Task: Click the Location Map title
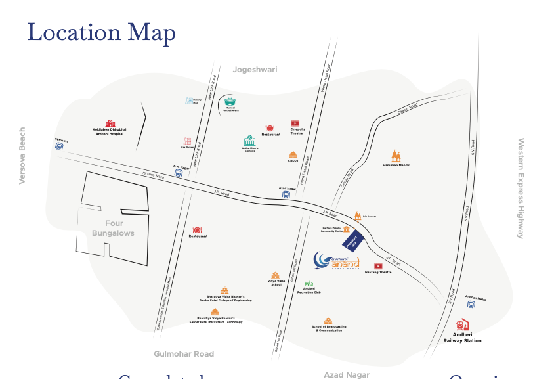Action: (x=101, y=32)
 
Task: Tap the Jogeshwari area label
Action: (x=255, y=70)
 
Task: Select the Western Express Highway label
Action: (x=521, y=188)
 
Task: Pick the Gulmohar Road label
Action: (x=184, y=354)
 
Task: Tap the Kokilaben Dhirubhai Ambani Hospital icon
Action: (x=109, y=123)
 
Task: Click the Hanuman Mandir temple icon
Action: (x=396, y=156)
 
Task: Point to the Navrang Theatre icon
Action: (x=378, y=265)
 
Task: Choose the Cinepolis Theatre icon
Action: (x=295, y=123)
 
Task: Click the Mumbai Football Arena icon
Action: (x=230, y=102)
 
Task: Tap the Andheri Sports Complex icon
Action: (x=249, y=141)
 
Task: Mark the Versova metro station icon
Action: (x=59, y=147)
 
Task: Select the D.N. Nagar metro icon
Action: (x=179, y=173)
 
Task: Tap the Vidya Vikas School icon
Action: (x=276, y=276)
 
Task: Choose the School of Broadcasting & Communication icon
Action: (x=328, y=320)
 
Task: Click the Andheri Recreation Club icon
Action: (x=309, y=284)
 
